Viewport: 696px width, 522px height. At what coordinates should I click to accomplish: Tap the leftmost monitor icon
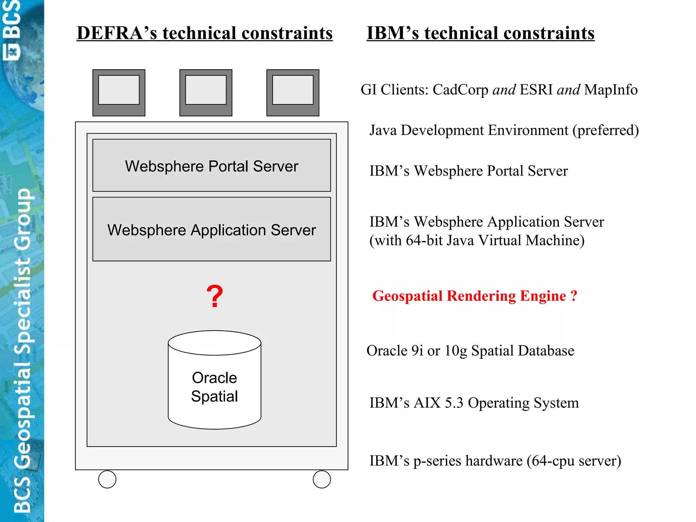click(119, 92)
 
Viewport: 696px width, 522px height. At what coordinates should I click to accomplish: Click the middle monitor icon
click(206, 92)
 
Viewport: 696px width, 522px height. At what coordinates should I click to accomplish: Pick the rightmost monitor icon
click(293, 92)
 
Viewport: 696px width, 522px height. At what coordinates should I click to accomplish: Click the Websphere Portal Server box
click(211, 166)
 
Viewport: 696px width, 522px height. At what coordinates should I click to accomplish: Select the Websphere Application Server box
click(211, 229)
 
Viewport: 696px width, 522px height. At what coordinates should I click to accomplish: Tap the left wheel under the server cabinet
click(107, 479)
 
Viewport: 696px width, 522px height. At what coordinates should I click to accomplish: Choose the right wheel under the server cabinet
click(322, 479)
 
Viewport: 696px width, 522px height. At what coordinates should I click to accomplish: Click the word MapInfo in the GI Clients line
click(611, 90)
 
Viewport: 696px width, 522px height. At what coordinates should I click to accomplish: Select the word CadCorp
click(460, 90)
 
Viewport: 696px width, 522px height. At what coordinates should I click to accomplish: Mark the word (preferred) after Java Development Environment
click(606, 130)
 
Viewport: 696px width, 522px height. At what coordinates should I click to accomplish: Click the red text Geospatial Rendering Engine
click(469, 296)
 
